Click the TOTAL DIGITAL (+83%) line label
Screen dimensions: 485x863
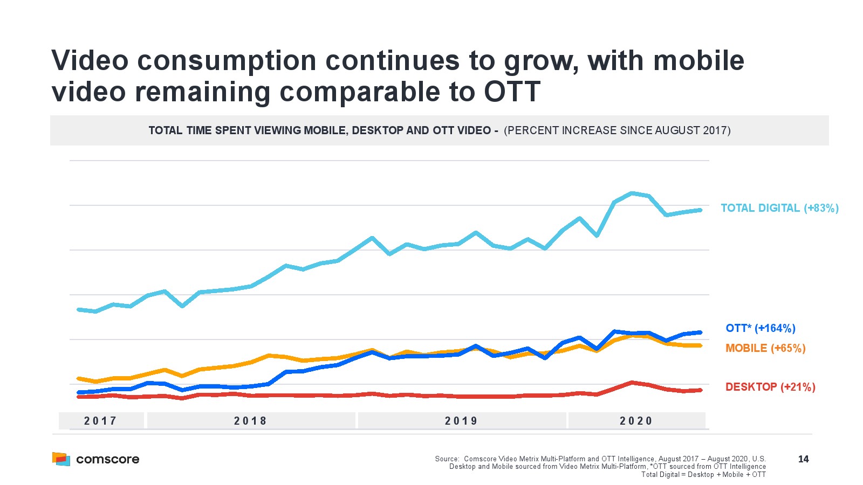(779, 208)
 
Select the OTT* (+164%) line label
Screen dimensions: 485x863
(760, 328)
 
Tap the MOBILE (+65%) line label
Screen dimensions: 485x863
(765, 348)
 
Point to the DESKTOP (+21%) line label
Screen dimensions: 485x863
(770, 387)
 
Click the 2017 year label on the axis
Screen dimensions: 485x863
(101, 421)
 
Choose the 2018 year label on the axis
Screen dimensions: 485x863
(251, 421)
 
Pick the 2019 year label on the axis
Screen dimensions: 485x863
(462, 421)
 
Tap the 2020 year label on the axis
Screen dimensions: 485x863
(636, 421)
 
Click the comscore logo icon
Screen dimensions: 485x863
(61, 459)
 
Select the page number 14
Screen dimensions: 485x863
(803, 459)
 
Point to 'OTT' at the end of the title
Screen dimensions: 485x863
(512, 92)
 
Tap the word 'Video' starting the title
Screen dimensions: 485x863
(90, 60)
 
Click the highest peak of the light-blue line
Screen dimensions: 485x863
(632, 193)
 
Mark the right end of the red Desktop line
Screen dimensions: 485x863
(700, 390)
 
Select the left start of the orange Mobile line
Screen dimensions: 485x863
(79, 378)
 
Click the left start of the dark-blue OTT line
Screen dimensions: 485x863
(79, 392)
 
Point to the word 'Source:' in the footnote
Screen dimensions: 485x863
(447, 459)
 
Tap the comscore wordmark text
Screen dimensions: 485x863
(108, 459)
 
